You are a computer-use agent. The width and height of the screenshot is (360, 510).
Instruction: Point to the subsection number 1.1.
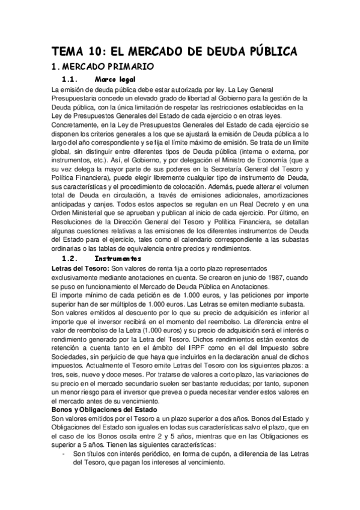point(71,79)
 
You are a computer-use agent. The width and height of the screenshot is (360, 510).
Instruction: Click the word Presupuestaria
point(77,97)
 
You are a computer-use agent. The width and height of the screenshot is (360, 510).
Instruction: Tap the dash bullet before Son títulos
point(64,454)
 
